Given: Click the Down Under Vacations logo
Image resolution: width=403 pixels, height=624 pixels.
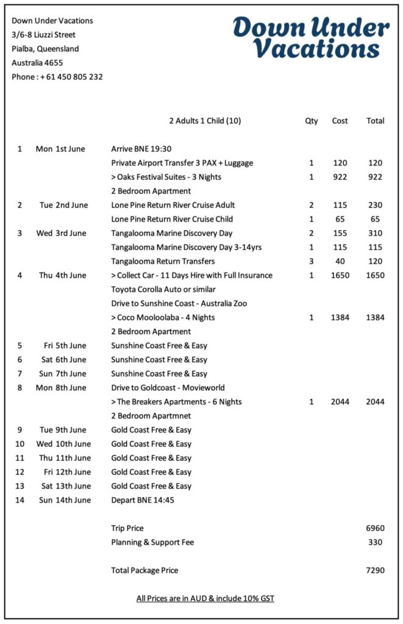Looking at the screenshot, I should (310, 37).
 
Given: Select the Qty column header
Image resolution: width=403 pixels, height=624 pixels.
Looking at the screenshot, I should (312, 121).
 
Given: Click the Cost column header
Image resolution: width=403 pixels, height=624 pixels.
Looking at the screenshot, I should (340, 121).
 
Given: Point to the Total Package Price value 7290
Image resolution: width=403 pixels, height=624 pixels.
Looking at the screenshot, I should (375, 570).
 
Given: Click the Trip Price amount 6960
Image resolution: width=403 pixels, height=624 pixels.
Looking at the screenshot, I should (375, 528).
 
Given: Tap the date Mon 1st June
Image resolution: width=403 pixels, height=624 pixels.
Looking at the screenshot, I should (60, 149).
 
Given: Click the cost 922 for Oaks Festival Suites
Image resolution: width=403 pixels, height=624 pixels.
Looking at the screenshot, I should (340, 177).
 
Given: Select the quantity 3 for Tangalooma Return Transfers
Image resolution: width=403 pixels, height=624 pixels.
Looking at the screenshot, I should (312, 261).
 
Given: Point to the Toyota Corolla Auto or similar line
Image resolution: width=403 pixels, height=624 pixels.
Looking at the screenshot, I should (163, 289).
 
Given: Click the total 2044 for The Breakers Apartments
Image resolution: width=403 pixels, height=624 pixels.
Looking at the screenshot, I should (375, 402).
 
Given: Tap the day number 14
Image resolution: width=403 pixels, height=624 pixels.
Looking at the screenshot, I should (20, 500).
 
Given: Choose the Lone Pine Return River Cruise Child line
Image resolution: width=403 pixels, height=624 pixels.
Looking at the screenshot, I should (172, 219).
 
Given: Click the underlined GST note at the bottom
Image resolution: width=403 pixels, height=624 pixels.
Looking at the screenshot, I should (205, 598).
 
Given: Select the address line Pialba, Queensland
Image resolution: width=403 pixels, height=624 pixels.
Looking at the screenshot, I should (45, 49).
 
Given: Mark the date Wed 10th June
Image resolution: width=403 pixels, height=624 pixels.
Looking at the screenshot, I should (63, 444).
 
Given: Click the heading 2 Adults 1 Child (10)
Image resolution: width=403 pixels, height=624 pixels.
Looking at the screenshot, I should (205, 121).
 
